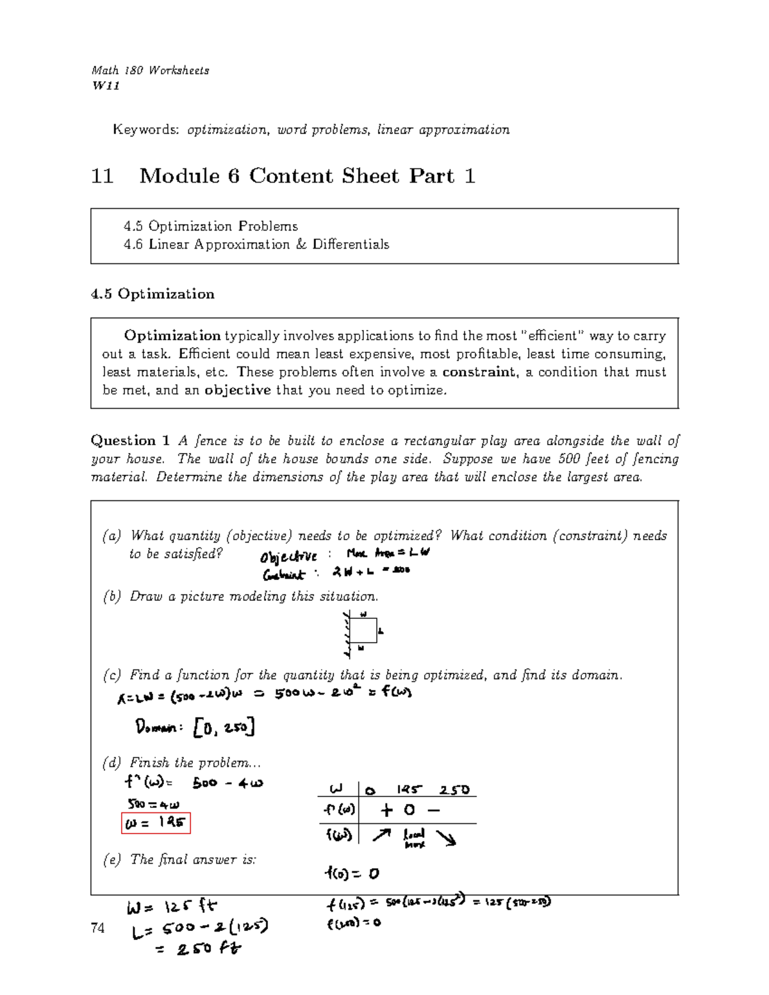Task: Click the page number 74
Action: [98, 928]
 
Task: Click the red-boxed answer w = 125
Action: [156, 823]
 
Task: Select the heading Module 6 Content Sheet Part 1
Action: [307, 176]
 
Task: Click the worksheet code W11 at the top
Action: [106, 86]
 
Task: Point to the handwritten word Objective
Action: [288, 556]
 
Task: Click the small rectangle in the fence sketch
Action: [365, 630]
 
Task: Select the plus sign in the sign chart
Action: [386, 810]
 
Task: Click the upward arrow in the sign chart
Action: [381, 835]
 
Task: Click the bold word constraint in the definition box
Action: [479, 372]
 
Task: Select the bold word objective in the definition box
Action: [237, 390]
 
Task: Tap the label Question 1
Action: [130, 441]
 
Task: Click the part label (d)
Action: [112, 763]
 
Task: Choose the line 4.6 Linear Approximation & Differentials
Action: [256, 245]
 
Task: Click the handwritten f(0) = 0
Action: [352, 873]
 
